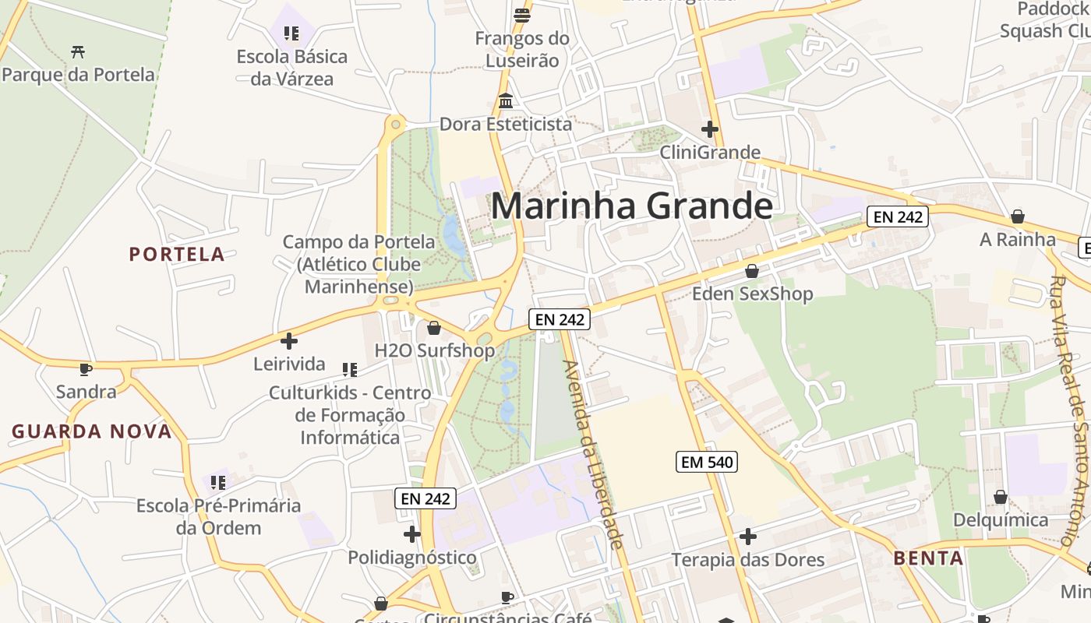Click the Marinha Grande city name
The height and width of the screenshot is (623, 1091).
tap(631, 206)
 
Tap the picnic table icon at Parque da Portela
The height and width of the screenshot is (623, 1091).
tap(78, 52)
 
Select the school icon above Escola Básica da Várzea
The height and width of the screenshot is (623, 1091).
tap(291, 33)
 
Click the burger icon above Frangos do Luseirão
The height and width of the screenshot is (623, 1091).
tap(522, 15)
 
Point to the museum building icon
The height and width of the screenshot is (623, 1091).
tap(507, 101)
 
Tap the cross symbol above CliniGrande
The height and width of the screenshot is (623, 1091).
tap(710, 129)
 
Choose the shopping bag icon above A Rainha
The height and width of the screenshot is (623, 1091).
tap(1017, 216)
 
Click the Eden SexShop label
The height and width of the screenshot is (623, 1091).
tap(753, 294)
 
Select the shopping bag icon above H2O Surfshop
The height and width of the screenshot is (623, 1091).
tap(434, 328)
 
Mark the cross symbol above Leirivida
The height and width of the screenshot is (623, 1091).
tap(289, 341)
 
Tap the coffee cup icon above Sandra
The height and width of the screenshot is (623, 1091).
tap(86, 369)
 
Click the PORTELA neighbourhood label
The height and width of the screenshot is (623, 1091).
tap(177, 255)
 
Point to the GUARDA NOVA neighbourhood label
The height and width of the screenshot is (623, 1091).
tap(91, 431)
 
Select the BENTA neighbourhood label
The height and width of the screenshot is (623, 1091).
tap(928, 558)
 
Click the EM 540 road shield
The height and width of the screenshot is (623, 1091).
tap(706, 462)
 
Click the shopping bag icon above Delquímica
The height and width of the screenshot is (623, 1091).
tap(1001, 497)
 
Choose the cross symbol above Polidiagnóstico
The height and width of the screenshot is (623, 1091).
tap(412, 534)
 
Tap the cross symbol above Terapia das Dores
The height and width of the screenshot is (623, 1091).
tap(748, 537)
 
